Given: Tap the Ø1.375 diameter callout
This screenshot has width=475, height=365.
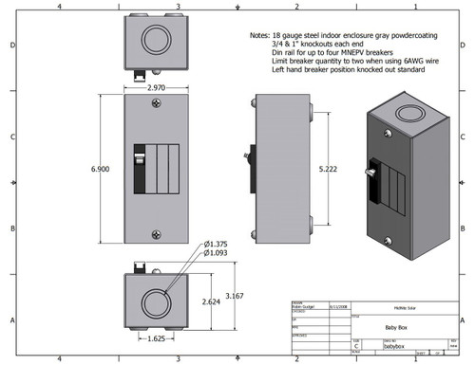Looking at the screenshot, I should pos(217,244).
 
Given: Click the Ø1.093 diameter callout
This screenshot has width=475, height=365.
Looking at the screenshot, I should pos(217,253).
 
